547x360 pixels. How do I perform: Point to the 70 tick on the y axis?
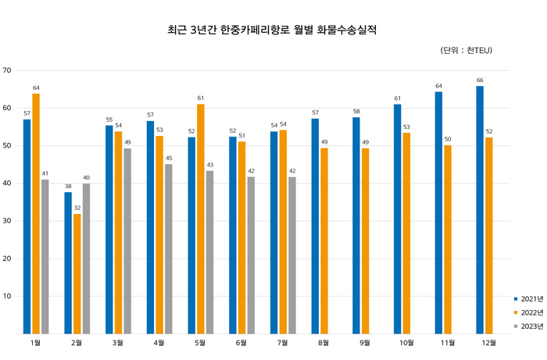click(x=7, y=70)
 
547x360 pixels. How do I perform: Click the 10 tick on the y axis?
click(x=7, y=296)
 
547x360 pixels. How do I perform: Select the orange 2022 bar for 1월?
click(x=36, y=213)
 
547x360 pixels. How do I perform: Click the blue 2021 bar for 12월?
click(x=480, y=209)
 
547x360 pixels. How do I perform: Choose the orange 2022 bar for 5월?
click(x=201, y=219)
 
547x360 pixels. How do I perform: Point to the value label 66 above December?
click(x=480, y=80)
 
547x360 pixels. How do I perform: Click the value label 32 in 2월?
click(x=77, y=209)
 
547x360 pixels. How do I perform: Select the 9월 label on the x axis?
click(x=365, y=343)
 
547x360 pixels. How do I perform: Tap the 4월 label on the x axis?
click(x=159, y=343)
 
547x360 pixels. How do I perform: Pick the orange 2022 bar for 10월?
click(x=406, y=233)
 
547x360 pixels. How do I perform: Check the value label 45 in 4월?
click(x=168, y=159)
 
